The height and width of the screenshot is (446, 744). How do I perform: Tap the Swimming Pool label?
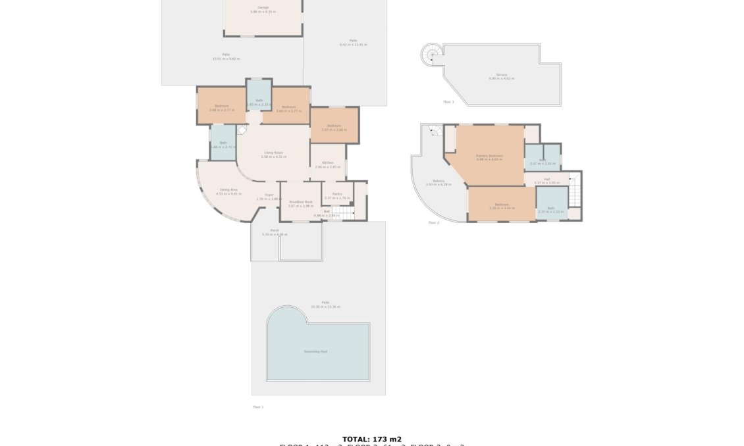click(315, 351)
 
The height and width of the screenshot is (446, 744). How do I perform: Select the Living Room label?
click(273, 155)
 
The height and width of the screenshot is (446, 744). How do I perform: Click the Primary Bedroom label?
click(489, 157)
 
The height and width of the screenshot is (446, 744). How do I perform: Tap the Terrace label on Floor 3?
click(501, 76)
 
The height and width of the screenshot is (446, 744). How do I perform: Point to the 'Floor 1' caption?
click(257, 407)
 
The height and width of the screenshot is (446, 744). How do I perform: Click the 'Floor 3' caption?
click(448, 102)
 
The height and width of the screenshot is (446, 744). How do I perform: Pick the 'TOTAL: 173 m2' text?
click(371, 439)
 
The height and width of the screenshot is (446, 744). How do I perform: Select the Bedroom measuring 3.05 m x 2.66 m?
click(334, 127)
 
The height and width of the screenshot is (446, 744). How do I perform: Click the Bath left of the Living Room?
click(223, 144)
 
